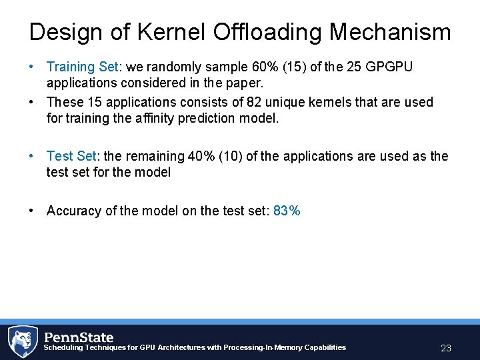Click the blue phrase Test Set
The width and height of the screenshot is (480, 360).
click(71, 156)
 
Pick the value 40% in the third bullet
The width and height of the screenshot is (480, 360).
click(201, 156)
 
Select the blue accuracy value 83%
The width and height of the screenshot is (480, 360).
click(287, 211)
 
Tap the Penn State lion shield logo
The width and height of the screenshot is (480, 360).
click(22, 341)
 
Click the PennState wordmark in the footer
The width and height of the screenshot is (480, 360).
click(79, 337)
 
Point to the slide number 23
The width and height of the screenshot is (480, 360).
click(446, 348)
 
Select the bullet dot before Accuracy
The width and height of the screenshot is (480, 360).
click(31, 211)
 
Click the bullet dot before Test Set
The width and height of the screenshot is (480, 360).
click(31, 156)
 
